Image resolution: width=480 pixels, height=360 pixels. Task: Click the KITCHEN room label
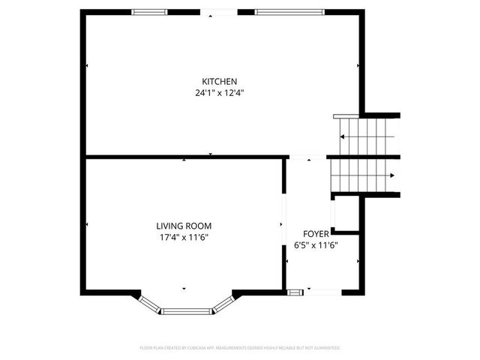click(x=220, y=81)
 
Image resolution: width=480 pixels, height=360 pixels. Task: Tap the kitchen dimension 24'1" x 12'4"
click(x=220, y=93)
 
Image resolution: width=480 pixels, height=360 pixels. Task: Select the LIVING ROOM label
click(x=184, y=226)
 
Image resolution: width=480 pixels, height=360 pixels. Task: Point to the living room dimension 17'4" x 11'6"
click(x=184, y=237)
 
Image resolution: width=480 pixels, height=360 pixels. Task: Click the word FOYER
click(x=316, y=234)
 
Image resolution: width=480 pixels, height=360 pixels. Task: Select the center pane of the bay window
click(x=186, y=310)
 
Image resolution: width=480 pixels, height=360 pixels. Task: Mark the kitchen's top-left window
click(x=149, y=11)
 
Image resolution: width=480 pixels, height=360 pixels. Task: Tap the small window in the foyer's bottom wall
click(x=295, y=291)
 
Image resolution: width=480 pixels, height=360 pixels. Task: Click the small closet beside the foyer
click(x=346, y=214)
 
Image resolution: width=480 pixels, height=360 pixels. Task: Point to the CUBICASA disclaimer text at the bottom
click(x=240, y=348)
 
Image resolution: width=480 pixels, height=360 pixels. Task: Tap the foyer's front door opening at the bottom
click(x=324, y=291)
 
